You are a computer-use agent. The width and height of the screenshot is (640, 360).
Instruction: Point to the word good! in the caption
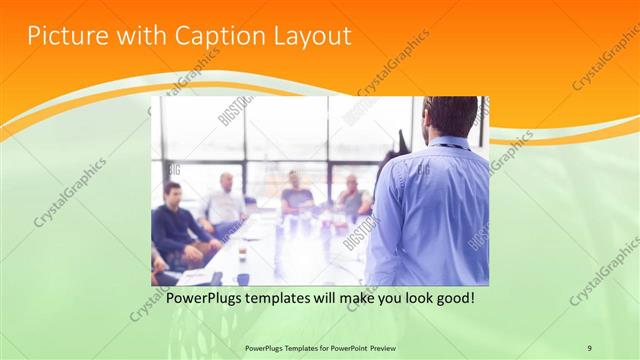451,298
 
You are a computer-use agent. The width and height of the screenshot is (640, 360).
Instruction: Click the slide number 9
589,347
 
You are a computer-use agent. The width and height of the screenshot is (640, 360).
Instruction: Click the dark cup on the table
243,280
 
